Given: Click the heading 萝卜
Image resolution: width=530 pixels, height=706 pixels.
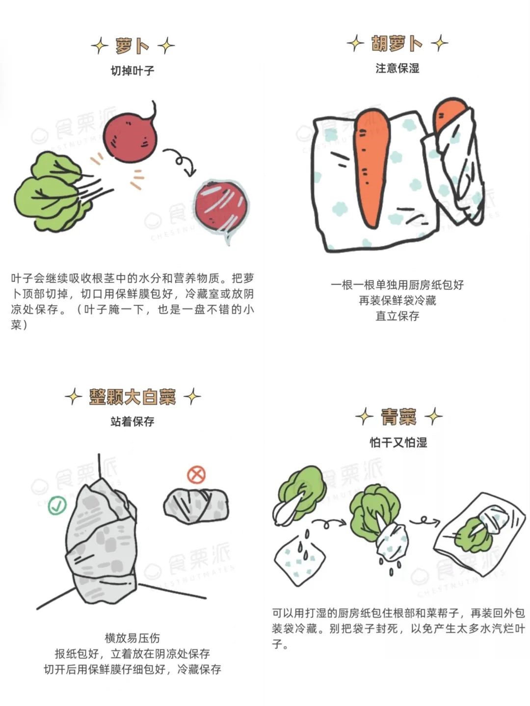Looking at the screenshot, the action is tap(132, 46).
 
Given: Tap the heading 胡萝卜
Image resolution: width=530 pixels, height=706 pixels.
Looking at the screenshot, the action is tap(397, 44).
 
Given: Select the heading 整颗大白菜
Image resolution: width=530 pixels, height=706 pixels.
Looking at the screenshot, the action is tap(132, 396).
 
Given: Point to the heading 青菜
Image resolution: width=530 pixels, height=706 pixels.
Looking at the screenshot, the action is tap(399, 417).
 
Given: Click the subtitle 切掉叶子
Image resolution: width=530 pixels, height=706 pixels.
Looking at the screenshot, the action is tap(132, 71).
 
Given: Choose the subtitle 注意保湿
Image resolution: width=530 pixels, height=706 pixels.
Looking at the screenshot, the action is tap(397, 68).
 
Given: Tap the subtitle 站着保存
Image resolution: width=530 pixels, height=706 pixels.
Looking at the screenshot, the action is tap(132, 421).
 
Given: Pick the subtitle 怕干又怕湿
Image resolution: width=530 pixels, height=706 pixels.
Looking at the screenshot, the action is tap(398, 443).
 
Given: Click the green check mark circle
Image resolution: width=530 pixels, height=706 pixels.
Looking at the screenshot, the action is tap(57, 505).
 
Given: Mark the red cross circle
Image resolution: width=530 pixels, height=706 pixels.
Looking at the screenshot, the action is tap(196, 474).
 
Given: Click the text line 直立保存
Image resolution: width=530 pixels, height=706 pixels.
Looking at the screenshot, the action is tap(397, 316).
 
